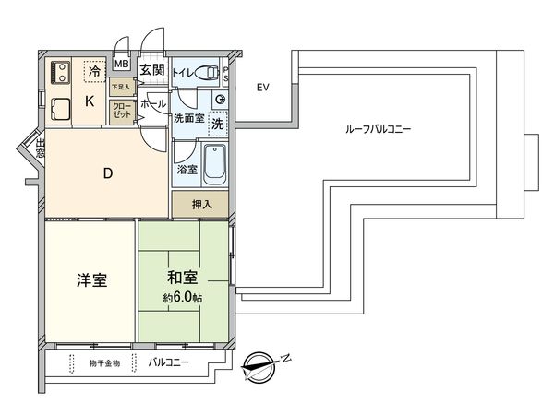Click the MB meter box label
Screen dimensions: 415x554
click(x=122, y=65)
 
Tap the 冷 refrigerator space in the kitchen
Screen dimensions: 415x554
click(x=93, y=68)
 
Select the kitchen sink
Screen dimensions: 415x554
click(x=61, y=109)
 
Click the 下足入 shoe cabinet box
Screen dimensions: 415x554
click(x=121, y=88)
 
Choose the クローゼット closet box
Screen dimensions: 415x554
click(x=121, y=111)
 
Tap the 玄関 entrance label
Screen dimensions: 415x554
click(x=151, y=68)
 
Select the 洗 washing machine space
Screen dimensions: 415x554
click(x=218, y=123)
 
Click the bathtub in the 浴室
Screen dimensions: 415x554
click(x=213, y=168)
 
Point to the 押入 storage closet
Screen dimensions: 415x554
click(x=200, y=204)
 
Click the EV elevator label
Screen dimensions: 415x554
click(x=262, y=89)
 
